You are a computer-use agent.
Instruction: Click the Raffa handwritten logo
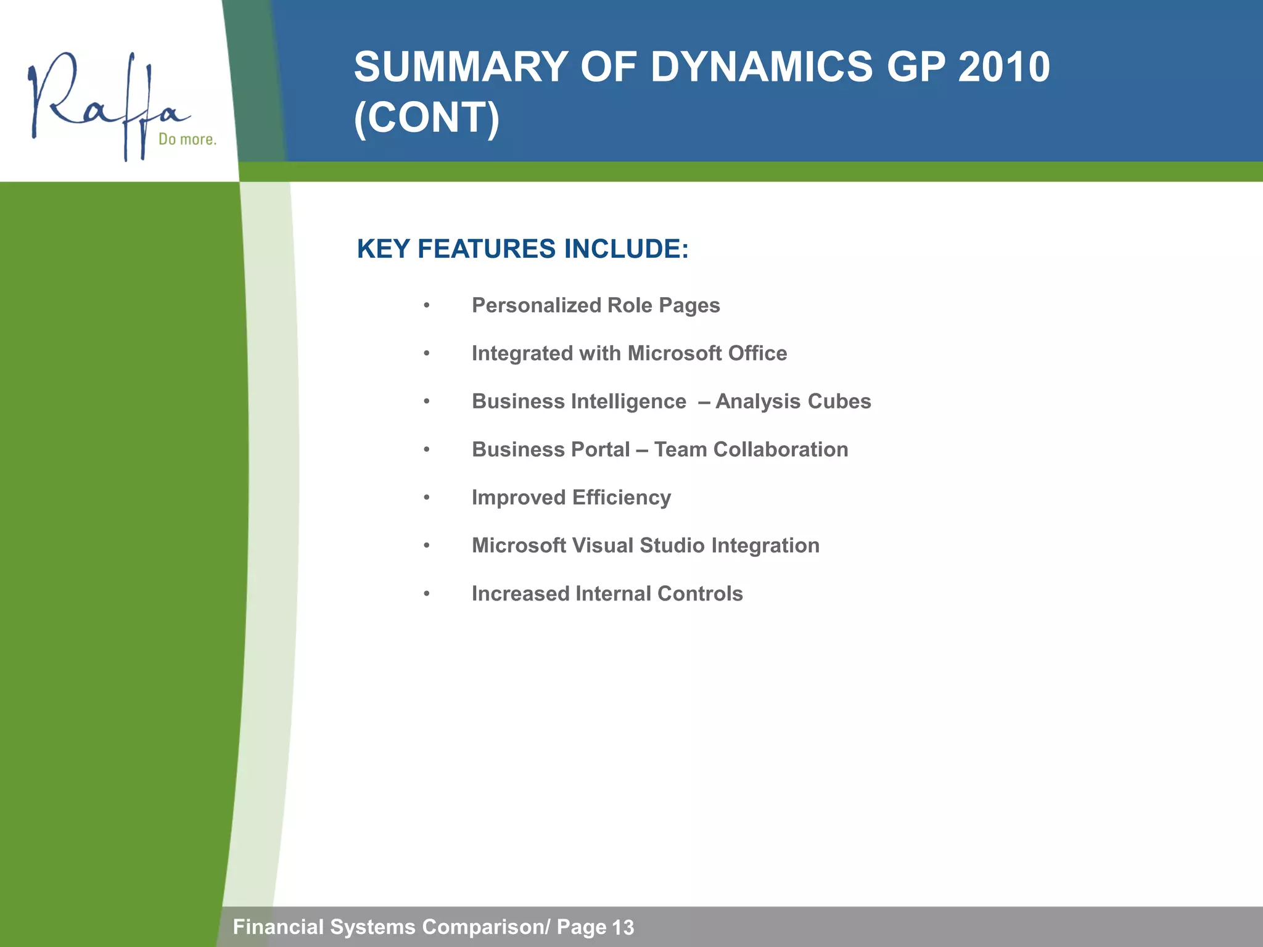(105, 105)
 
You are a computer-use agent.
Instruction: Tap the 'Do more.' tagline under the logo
(187, 139)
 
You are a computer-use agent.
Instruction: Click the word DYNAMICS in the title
(761, 67)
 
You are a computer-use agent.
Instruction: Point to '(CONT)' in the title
(427, 117)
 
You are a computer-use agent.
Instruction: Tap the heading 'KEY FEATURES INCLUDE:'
(522, 249)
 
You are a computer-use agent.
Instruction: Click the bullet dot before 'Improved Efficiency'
(426, 498)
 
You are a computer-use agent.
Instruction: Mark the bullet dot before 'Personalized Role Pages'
(426, 306)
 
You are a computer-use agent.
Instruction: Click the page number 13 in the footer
(623, 927)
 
